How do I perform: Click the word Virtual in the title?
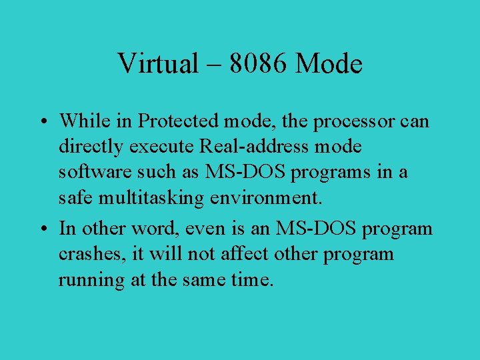(158, 64)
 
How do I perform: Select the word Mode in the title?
(329, 64)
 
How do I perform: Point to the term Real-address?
(254, 147)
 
